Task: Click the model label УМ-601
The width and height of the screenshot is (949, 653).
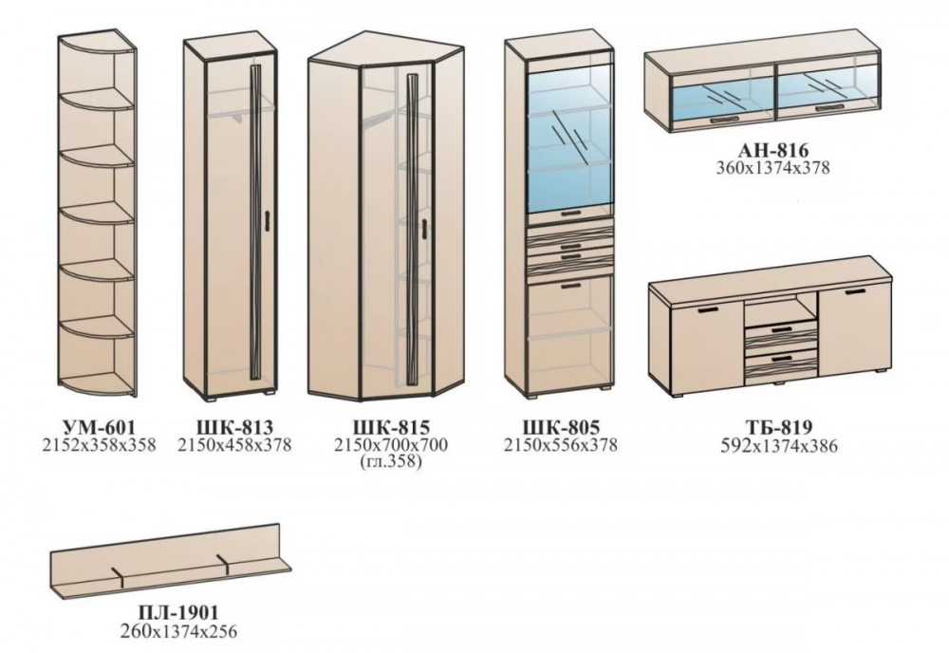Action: (x=100, y=428)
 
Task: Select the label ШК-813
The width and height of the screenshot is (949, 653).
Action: (x=234, y=428)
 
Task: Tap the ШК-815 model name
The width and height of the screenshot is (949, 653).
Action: (x=391, y=428)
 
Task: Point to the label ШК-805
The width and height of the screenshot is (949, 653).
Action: (x=561, y=428)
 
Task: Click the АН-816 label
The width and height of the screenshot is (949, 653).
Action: (x=772, y=150)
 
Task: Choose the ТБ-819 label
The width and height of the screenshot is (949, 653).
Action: (x=779, y=428)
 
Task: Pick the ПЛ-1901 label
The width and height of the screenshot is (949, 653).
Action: (x=178, y=613)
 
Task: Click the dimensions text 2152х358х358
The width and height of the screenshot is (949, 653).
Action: (x=100, y=445)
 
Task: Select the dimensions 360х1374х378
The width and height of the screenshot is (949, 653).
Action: (x=772, y=168)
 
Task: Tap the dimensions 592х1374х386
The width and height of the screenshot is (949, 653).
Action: (x=779, y=447)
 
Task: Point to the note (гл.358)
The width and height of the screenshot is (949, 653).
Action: (x=391, y=463)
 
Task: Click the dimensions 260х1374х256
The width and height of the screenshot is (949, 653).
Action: (x=178, y=632)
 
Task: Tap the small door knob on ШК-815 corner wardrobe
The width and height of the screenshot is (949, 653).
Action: (x=425, y=228)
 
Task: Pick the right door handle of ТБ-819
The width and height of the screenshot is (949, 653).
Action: (x=855, y=293)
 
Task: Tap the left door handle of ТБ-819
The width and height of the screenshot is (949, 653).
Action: (x=708, y=311)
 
